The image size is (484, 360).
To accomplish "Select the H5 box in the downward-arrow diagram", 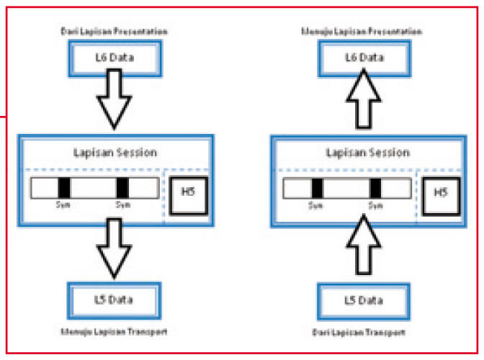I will [189, 192].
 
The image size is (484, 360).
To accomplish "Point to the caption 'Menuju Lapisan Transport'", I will [115, 332].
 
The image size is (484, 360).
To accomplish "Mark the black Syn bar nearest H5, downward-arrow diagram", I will [122, 188].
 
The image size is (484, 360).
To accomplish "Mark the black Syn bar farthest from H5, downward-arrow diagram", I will [65, 188].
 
